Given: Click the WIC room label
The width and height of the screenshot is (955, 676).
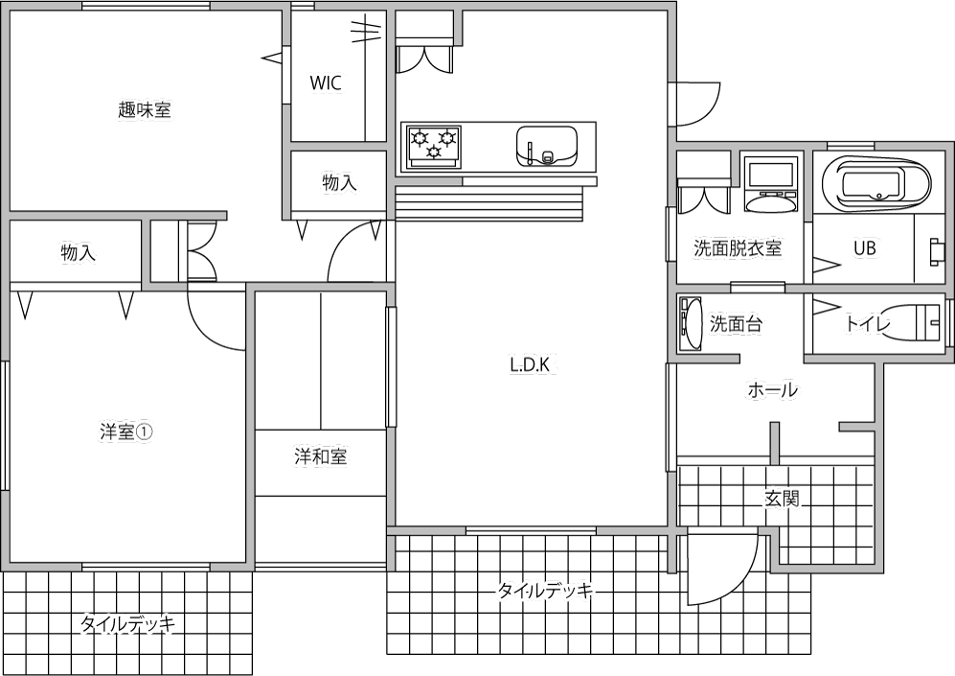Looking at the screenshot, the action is (326, 82).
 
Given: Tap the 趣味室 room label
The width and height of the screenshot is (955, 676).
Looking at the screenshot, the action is (145, 110).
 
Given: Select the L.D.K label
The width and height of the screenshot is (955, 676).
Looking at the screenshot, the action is (530, 365).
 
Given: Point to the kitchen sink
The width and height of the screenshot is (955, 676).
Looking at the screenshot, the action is (546, 147).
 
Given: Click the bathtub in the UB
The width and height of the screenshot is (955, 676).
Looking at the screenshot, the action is (876, 181).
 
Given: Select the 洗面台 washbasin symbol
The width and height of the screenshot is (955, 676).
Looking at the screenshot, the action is (690, 323).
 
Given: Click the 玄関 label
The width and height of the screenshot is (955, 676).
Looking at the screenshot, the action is (782, 500).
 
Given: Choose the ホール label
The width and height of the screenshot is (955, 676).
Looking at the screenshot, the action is (772, 389).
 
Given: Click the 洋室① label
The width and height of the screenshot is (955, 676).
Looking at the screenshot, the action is (126, 432).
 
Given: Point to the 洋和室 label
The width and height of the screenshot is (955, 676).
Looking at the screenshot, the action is (320, 456).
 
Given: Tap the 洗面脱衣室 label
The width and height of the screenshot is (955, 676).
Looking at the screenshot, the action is (738, 248).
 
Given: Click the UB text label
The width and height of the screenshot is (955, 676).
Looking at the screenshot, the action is (864, 248).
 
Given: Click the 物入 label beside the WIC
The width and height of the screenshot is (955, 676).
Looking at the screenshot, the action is (339, 182).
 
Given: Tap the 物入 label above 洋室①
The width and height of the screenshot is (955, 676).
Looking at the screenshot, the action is (78, 252).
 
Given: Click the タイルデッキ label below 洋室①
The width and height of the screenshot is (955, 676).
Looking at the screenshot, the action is (128, 624).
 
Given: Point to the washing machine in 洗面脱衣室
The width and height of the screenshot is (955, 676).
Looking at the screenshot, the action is (770, 184).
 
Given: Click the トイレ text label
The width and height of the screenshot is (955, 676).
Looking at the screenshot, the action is (867, 324).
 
